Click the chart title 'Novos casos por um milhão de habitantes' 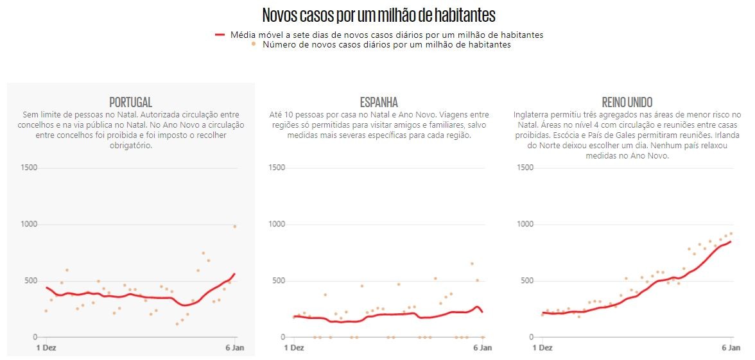click(379, 15)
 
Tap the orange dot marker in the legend click(254, 44)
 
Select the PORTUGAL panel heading click(130, 102)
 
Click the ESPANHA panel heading click(379, 102)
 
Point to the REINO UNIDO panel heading click(627, 102)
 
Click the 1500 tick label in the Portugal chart click(30, 167)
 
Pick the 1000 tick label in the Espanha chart click(277, 224)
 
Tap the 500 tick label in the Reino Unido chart click(526, 280)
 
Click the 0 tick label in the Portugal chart click(35, 337)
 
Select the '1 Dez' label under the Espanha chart click(294, 348)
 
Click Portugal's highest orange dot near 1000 click(235, 226)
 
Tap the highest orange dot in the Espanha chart click(472, 263)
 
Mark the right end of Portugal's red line click(235, 274)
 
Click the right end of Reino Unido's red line click(731, 241)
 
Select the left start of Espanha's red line click(293, 316)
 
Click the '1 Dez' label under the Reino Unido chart click(542, 348)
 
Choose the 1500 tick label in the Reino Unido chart click(525, 167)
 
